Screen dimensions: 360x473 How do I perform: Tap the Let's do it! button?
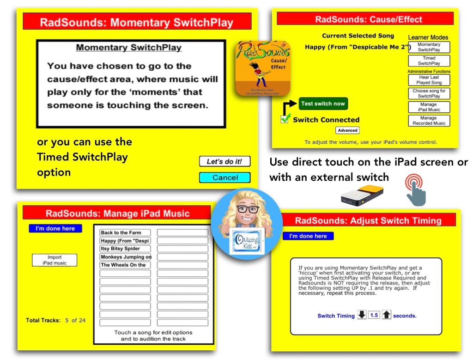pos(224,161)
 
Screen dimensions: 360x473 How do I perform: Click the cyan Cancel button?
pos(224,177)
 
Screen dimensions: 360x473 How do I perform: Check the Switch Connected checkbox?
pos(285,119)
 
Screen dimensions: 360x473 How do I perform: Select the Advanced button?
pos(347,130)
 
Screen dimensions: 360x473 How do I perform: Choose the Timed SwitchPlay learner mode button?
pos(429,61)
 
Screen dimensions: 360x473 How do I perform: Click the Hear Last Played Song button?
pos(429,80)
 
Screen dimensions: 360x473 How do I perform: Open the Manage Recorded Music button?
pos(429,121)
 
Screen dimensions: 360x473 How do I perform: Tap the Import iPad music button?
pos(55,260)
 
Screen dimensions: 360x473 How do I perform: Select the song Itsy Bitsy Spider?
pos(125,249)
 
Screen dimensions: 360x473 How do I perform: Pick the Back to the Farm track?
pos(125,232)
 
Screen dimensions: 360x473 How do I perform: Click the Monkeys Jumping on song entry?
pos(125,257)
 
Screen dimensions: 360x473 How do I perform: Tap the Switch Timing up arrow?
pos(387,315)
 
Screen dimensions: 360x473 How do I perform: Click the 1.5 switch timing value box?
pos(374,315)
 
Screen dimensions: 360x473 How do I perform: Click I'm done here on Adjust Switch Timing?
pos(308,236)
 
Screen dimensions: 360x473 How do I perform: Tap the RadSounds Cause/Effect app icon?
pos(262,67)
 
